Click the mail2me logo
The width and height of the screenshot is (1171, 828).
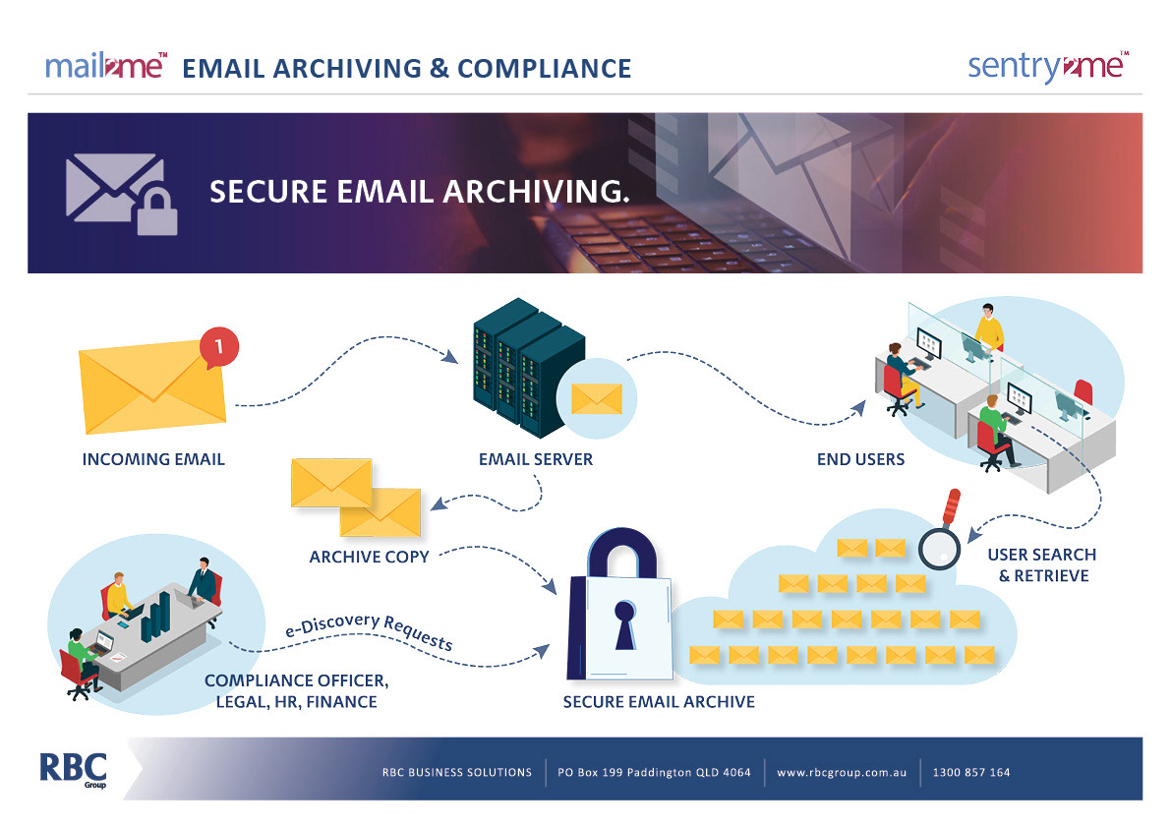pos(105,67)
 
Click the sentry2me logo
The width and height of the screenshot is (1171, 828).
pos(1047,67)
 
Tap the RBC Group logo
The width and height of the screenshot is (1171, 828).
pos(73,770)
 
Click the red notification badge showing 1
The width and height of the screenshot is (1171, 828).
pos(219,346)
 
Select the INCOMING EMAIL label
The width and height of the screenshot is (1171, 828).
pos(153,459)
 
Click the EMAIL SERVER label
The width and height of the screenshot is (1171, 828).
pos(536,459)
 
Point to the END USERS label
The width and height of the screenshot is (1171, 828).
pos(860,459)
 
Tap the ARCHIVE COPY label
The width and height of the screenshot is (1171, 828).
pos(369,557)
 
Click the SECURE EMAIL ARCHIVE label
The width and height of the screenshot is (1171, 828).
pos(659,702)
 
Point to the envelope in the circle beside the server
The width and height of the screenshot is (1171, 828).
pos(597,398)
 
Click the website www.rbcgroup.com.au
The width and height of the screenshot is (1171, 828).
pos(841,772)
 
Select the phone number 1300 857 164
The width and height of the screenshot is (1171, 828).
pos(971,772)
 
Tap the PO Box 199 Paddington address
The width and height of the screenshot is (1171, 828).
pos(654,772)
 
